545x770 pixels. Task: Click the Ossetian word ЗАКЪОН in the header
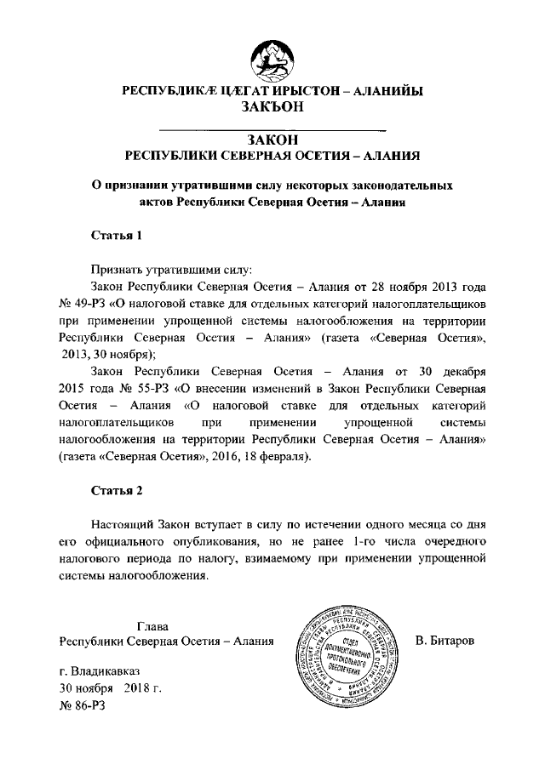(272, 108)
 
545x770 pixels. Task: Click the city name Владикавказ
(107, 670)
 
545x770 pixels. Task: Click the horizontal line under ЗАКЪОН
(272, 128)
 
